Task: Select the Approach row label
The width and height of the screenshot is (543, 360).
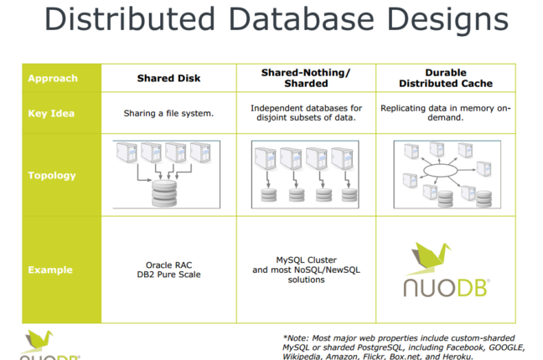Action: [x=52, y=79]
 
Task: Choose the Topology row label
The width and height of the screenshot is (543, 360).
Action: [x=52, y=176]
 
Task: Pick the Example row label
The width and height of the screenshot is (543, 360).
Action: [x=50, y=270]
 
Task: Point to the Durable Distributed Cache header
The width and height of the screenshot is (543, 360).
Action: [x=445, y=79]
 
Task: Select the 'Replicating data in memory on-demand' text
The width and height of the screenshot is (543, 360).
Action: [x=445, y=113]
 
